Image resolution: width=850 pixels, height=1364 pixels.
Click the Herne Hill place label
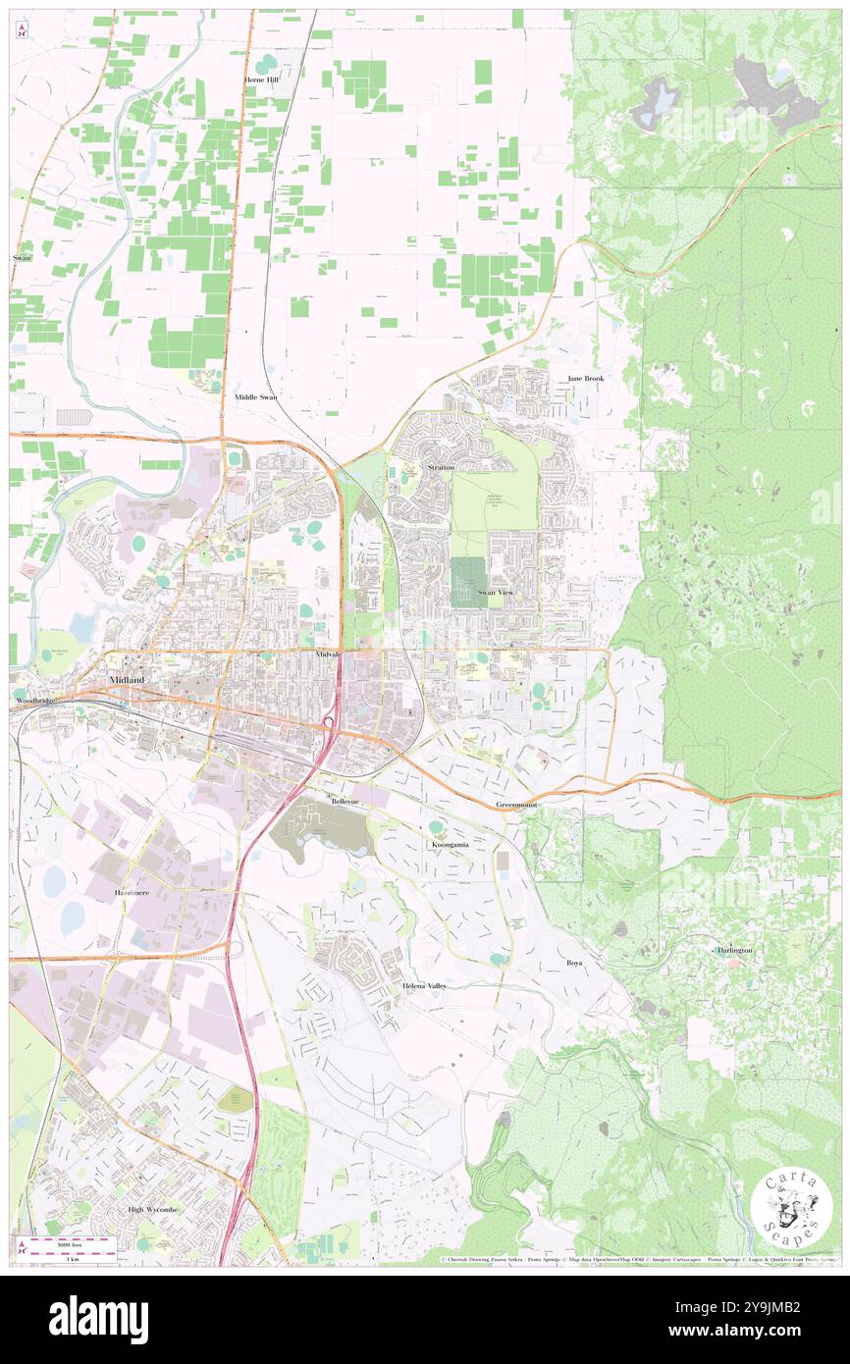(262, 79)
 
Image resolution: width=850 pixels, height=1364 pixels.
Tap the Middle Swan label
(255, 397)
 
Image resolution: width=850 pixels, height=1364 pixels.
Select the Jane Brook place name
(586, 379)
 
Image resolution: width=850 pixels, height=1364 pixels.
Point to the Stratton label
(441, 468)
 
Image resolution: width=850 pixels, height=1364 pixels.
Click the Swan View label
(496, 594)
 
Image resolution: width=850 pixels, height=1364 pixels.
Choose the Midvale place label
(328, 654)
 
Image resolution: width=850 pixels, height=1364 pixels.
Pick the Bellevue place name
(346, 802)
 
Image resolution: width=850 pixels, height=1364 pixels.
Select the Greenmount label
(516, 805)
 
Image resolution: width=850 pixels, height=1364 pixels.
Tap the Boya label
(574, 963)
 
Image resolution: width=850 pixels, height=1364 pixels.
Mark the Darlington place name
(734, 951)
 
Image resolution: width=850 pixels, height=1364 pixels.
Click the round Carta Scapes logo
(791, 1204)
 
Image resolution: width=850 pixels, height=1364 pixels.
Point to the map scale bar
(66, 1243)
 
